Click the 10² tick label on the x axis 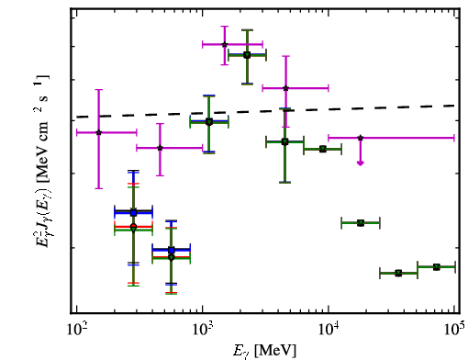coord(76,330)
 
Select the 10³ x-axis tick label coord(203,330)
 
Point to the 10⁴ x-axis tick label coord(329,330)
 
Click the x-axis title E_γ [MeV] coord(264,351)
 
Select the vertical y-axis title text coord(41,162)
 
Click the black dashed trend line coord(265,111)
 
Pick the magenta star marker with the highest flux coord(225,44)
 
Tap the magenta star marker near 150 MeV coord(98,132)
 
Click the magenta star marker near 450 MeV coord(160,148)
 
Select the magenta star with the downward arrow coord(361,138)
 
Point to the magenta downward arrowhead coord(361,163)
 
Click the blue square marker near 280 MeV coord(133,213)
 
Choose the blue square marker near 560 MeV coord(172,251)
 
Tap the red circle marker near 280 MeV coord(133,227)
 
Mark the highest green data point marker coord(247,55)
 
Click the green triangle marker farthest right coord(437,267)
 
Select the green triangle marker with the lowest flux coord(398,273)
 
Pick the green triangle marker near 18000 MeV coord(361,223)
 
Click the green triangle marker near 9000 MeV coord(323,149)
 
